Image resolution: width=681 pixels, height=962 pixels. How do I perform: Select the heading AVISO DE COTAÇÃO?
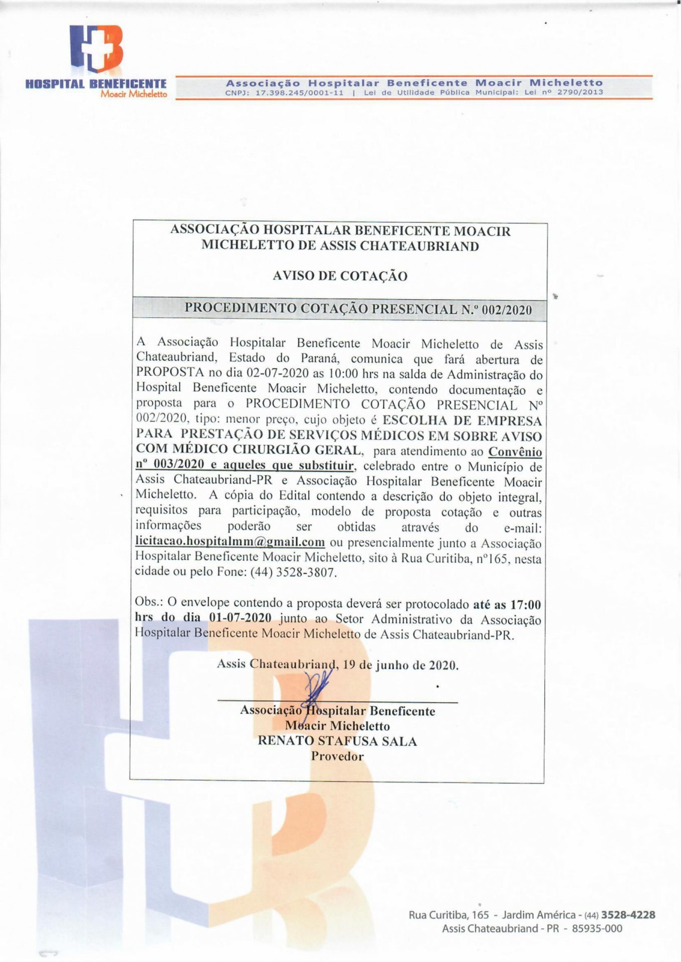340,276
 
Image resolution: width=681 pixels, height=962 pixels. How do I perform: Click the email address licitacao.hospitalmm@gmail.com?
230,542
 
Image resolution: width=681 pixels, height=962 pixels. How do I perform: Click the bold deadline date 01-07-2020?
240,617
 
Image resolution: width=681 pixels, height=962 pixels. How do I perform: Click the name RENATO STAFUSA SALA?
337,741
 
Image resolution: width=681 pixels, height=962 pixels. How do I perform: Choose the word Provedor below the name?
337,756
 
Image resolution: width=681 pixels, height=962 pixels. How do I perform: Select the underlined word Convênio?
515,451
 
